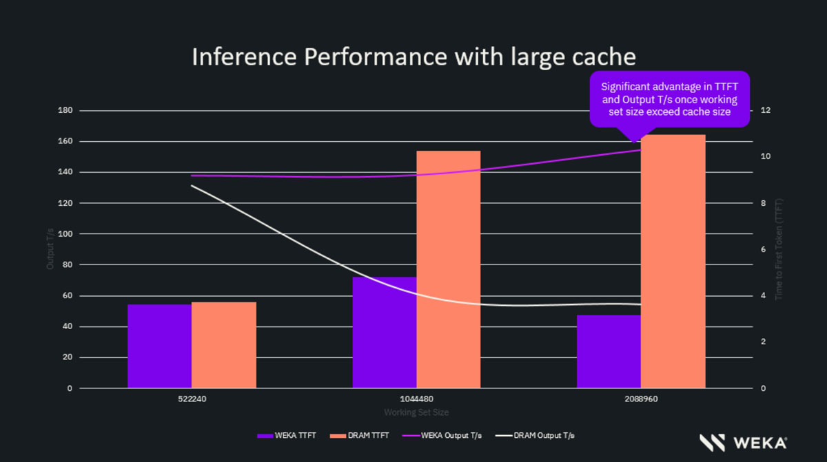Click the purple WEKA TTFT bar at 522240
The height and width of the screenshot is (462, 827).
tap(159, 346)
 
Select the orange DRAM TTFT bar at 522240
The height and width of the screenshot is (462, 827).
tap(223, 345)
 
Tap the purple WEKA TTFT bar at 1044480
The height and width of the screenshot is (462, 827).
tap(384, 333)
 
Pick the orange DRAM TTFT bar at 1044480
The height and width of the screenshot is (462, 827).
tap(448, 269)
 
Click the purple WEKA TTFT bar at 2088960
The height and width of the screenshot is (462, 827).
tap(609, 351)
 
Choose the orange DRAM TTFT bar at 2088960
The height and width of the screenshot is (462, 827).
tap(673, 262)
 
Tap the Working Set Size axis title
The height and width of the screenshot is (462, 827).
tap(416, 412)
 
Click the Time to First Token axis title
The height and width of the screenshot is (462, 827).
tap(779, 249)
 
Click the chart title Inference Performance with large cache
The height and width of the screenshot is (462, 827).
tap(413, 56)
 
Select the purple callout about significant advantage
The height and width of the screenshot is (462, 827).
tap(669, 99)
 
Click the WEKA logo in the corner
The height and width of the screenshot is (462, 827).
tap(743, 442)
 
